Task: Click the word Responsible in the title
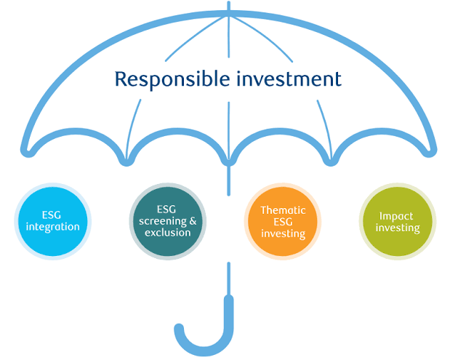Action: (x=172, y=79)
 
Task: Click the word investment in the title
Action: (x=289, y=79)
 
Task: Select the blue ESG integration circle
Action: (x=53, y=221)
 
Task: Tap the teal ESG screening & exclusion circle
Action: (x=168, y=221)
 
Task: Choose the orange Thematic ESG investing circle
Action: (x=283, y=221)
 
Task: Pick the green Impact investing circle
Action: (x=398, y=221)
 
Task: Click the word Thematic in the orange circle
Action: (x=283, y=210)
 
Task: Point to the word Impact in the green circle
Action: (x=396, y=217)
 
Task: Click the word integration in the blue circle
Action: (x=53, y=227)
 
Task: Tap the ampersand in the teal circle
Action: (x=193, y=221)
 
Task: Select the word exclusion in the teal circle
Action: (x=168, y=233)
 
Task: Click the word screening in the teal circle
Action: (x=163, y=222)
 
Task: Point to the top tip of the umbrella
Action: (x=229, y=2)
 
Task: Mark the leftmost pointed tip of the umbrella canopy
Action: (x=26, y=151)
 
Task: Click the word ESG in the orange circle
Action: (x=283, y=222)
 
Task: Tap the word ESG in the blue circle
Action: (x=52, y=215)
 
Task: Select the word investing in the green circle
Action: (x=398, y=228)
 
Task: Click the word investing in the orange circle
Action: (x=283, y=234)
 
